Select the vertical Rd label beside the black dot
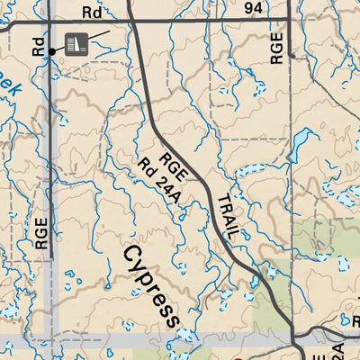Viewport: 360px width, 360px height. [38, 47]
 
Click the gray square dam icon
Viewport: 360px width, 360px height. [76, 42]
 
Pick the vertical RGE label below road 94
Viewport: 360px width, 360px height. [277, 48]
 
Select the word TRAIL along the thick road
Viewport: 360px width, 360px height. [227, 216]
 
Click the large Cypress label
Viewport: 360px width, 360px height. [151, 285]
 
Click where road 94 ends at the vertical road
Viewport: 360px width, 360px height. [287, 20]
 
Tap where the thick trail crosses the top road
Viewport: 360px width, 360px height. [131, 20]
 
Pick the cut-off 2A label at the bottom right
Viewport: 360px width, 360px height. [337, 350]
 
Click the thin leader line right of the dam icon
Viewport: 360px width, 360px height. [100, 35]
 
